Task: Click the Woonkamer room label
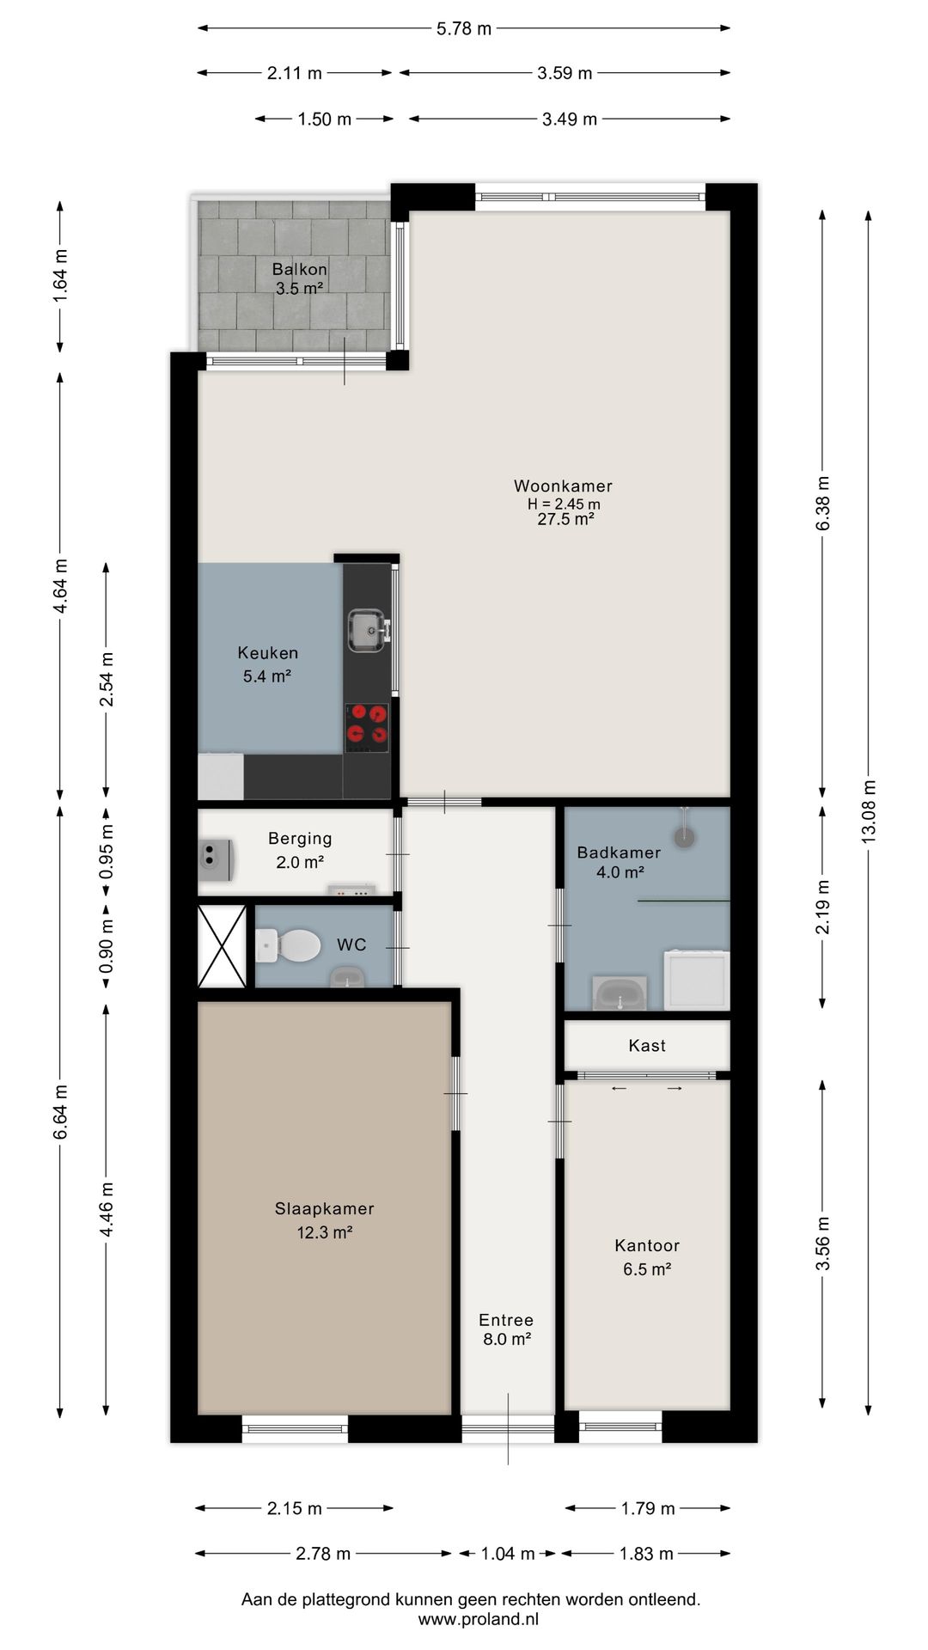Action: pos(563,486)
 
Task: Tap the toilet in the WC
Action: pos(288,945)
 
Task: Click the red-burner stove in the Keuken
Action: pos(367,727)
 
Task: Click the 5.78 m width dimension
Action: pos(464,28)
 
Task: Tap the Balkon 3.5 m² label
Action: pos(299,278)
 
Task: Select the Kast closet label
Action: pos(647,1046)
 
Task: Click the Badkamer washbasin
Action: pos(620,993)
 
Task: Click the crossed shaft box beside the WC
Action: pos(223,945)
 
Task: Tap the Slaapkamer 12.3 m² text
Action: pos(325,1220)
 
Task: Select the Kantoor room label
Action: pos(647,1245)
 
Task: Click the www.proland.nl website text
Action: pos(479,1619)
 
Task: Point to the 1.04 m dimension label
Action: pos(507,1554)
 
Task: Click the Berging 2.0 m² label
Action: pos(300,850)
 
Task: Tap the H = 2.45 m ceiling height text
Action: pos(564,504)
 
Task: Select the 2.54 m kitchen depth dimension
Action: pos(107,679)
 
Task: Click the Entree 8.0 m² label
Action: pos(506,1329)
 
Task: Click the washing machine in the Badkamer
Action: pos(698,979)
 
